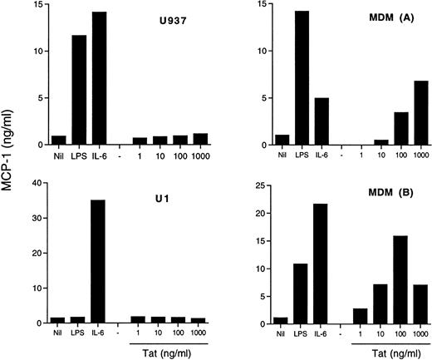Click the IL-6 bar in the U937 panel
tap(101, 79)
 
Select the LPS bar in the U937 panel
tap(80, 91)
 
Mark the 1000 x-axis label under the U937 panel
tap(199, 155)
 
